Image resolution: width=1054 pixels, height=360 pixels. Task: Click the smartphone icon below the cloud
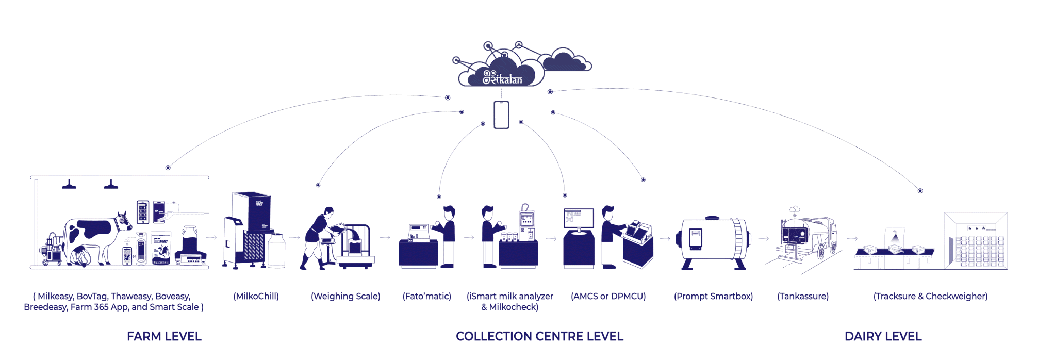pyautogui.click(x=501, y=114)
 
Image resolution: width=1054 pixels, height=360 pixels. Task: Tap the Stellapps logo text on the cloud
pyautogui.click(x=502, y=78)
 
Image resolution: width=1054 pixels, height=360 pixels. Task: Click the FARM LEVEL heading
pyautogui.click(x=164, y=336)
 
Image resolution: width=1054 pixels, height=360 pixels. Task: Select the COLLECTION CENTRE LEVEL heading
pyautogui.click(x=539, y=336)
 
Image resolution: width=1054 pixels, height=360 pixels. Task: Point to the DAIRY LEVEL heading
pyautogui.click(x=883, y=336)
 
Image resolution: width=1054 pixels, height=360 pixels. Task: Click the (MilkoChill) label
pyautogui.click(x=256, y=296)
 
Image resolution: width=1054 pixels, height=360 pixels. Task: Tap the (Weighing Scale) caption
pyautogui.click(x=345, y=296)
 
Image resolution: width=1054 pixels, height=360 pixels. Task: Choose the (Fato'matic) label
pyautogui.click(x=427, y=296)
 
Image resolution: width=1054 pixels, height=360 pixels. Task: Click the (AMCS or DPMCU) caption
pyautogui.click(x=608, y=296)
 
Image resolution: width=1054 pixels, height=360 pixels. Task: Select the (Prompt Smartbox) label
pyautogui.click(x=713, y=296)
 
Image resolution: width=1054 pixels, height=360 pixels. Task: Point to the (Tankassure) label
pyautogui.click(x=803, y=296)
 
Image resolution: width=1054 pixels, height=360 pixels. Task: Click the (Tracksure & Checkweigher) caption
pyautogui.click(x=930, y=296)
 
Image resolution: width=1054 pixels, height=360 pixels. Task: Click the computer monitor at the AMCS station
pyautogui.click(x=579, y=219)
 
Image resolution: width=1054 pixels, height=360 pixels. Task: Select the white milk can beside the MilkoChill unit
pyautogui.click(x=276, y=250)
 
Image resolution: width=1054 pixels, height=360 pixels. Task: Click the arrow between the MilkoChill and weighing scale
pyautogui.click(x=294, y=238)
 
